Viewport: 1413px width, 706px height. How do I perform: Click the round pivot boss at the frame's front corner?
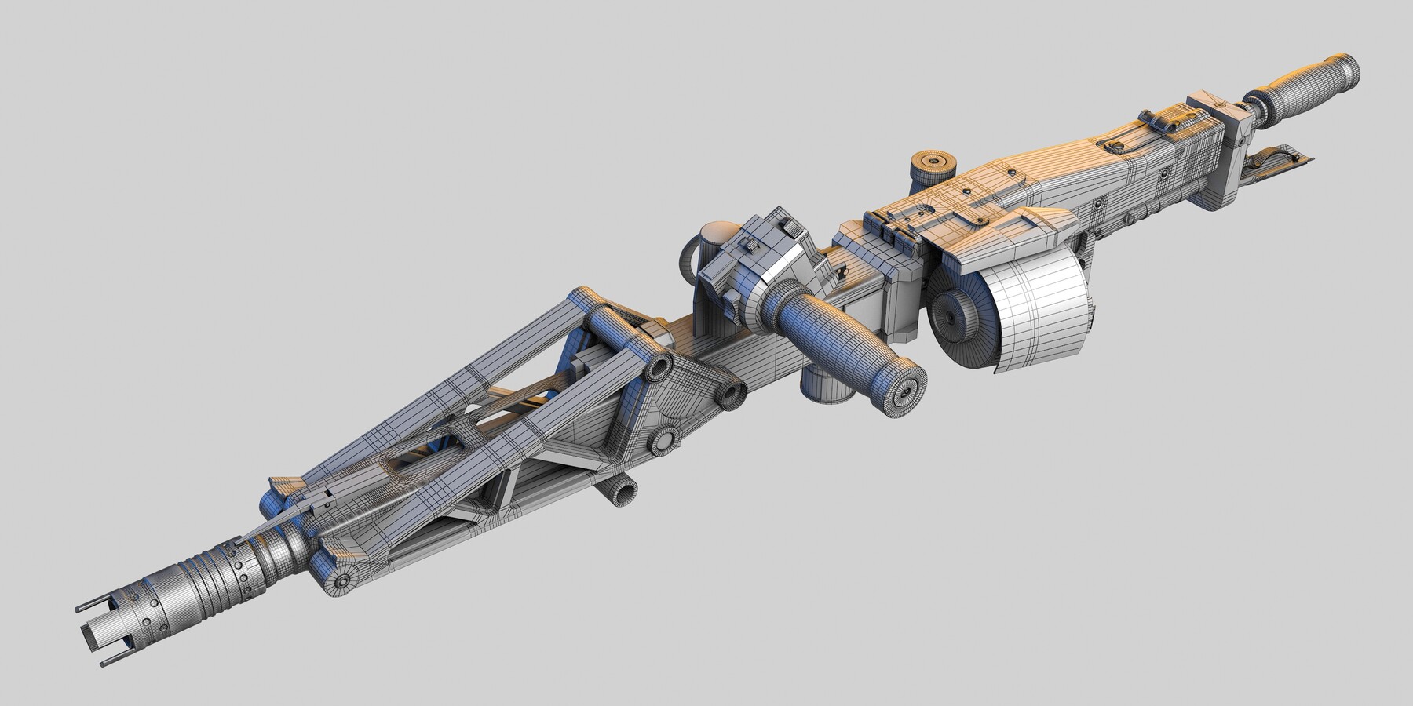[x=343, y=581]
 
